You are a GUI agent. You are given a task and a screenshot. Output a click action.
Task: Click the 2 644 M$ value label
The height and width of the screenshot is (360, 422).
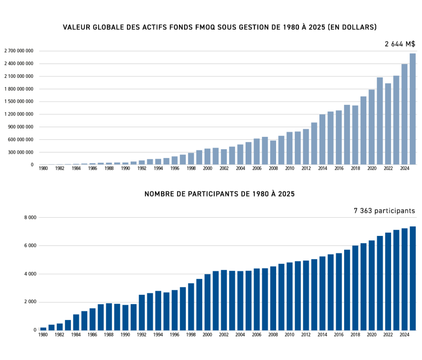(400, 44)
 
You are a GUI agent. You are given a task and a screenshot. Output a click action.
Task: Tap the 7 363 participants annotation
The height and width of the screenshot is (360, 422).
(384, 211)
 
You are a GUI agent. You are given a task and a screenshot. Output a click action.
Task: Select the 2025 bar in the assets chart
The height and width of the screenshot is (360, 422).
(413, 109)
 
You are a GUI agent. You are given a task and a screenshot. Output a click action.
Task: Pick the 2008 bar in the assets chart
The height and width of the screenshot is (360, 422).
(273, 153)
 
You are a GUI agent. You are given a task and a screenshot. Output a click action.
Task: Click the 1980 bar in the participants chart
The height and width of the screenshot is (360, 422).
(43, 329)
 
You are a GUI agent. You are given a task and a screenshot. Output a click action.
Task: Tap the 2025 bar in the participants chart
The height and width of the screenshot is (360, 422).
(413, 278)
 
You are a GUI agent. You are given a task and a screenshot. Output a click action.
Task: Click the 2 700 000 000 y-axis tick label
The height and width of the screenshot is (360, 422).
(19, 51)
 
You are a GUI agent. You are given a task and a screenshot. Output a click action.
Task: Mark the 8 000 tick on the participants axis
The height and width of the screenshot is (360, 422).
(30, 217)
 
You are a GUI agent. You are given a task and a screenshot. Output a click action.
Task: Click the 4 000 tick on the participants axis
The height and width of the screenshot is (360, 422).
(30, 274)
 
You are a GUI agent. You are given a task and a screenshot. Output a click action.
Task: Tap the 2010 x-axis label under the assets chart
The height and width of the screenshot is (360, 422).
(289, 169)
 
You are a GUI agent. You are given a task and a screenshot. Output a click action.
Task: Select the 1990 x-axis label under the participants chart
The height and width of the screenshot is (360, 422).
(125, 334)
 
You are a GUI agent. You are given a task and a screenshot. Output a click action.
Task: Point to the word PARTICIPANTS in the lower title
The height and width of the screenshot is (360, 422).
(208, 194)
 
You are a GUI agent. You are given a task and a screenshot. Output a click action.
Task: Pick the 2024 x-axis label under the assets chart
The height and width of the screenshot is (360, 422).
(404, 169)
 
